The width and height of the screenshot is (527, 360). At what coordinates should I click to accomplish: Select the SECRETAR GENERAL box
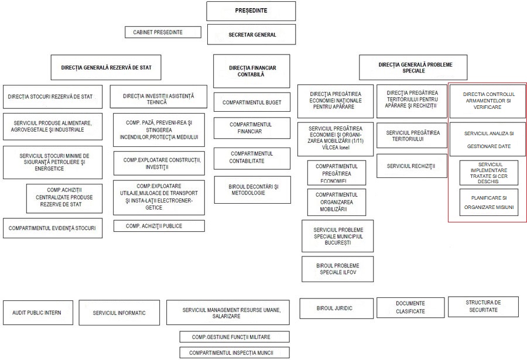coord(251,35)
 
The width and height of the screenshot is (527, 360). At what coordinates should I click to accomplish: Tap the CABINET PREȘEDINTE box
coord(162,32)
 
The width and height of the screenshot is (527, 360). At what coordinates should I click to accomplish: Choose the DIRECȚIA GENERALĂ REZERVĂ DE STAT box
coord(106,67)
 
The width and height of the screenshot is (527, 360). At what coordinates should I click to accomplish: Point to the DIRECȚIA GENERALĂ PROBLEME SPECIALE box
coord(413,67)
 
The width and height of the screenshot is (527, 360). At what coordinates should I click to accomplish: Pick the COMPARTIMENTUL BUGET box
coord(252,102)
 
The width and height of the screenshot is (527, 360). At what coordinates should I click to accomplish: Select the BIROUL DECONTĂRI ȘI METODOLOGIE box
coord(252,190)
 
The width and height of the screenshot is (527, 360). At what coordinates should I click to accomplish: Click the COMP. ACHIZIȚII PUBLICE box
coord(159,226)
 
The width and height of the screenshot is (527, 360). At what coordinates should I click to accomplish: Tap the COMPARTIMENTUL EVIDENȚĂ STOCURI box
coord(52,228)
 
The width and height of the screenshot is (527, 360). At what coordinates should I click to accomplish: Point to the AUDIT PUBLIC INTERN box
coord(36,313)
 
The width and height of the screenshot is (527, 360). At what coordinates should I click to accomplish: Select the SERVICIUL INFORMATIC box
coord(119,313)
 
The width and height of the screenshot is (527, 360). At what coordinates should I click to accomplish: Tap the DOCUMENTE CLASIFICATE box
coord(410,307)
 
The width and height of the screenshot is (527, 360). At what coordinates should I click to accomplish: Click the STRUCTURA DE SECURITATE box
coord(483,306)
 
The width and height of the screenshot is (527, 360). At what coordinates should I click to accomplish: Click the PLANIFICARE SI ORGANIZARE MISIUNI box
coord(488,202)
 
